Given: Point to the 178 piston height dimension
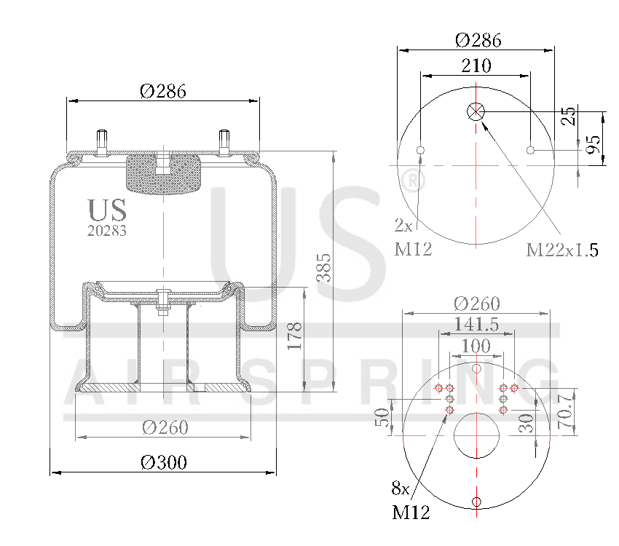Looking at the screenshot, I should (294, 336).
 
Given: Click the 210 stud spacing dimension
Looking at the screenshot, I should (476, 65).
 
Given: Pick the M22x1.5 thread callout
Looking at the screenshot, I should (562, 250).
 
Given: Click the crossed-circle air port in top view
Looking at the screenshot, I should (476, 111).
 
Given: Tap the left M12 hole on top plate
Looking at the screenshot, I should (420, 151).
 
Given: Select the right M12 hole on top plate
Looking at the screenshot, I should (531, 151).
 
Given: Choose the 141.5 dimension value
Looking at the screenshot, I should (476, 325).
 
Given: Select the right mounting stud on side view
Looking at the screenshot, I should (224, 142).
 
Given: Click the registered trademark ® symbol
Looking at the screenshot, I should (413, 181).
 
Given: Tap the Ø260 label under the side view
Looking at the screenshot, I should (164, 427).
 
